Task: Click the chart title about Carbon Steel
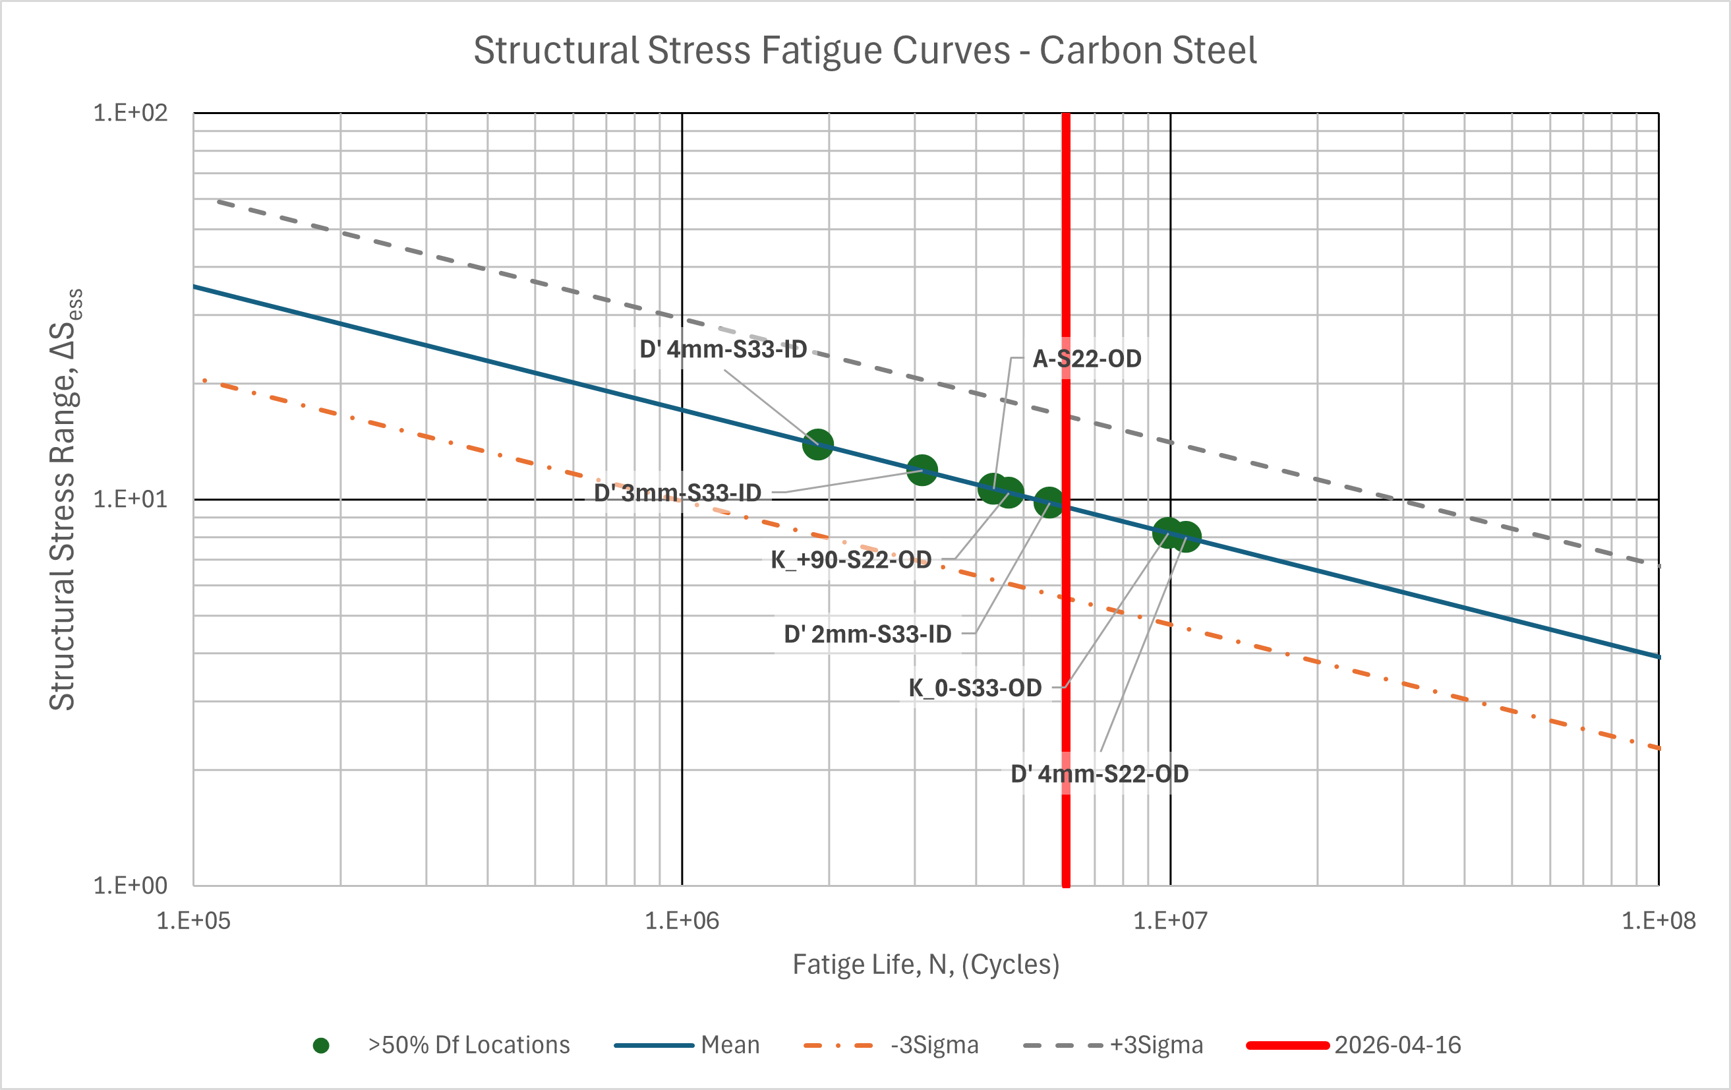[x=865, y=50]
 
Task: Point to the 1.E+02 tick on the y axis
[x=130, y=113]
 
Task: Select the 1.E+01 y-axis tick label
[x=130, y=499]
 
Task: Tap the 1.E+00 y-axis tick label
[x=130, y=885]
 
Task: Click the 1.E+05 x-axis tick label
[x=193, y=921]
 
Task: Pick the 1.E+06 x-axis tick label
[x=682, y=921]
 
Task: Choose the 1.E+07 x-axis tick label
[x=1170, y=921]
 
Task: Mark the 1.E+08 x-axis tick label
[x=1658, y=921]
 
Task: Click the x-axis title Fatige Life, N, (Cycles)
[x=926, y=964]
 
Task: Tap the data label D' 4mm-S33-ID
[x=723, y=349]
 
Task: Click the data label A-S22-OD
[x=1087, y=359]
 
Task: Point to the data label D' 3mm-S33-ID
[x=677, y=493]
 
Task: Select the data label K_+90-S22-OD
[x=851, y=559]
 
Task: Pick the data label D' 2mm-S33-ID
[x=867, y=634]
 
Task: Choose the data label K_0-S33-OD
[x=975, y=688]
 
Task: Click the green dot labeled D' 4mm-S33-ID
[x=817, y=444]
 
